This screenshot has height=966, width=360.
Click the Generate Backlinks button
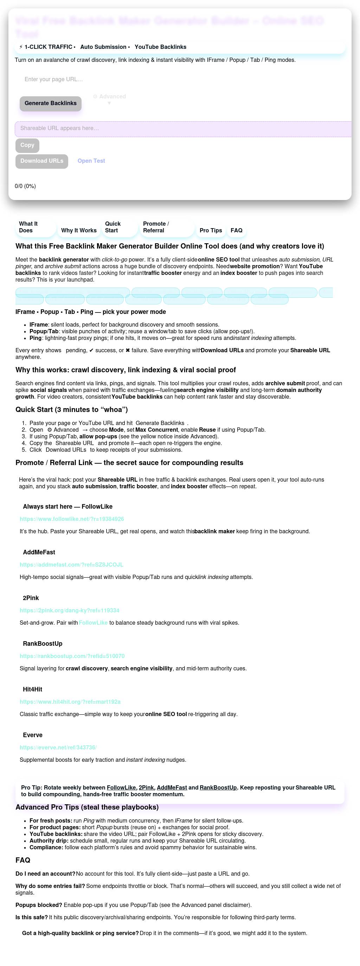50,103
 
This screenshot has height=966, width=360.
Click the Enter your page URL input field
112,79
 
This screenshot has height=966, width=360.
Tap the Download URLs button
41,161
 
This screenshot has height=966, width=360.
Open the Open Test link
91,161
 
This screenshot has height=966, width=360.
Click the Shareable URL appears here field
180,129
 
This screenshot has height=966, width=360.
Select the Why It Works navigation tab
79,231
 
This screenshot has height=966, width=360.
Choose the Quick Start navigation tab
112,227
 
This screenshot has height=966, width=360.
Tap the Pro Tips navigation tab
210,231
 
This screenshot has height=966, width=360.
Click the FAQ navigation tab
236,231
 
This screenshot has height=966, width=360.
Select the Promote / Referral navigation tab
156,227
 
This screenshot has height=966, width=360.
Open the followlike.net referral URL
72,519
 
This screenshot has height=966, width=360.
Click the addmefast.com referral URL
71,565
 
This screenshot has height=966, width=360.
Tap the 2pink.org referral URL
69,611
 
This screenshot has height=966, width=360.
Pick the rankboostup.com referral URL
72,656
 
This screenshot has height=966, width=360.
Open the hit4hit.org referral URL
70,702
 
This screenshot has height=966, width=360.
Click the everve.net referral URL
58,748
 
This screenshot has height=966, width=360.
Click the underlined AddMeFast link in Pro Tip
172,788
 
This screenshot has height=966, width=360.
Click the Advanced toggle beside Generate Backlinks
109,97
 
